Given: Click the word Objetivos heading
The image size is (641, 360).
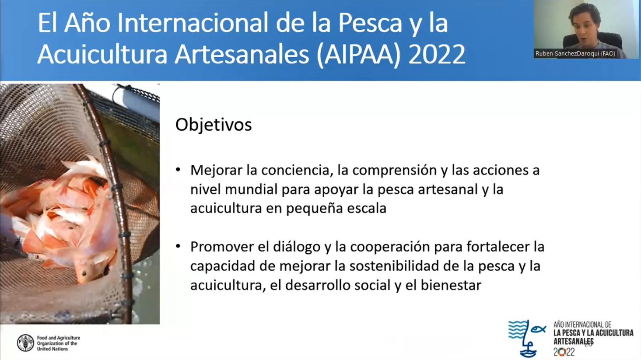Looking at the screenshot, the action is pos(214,125).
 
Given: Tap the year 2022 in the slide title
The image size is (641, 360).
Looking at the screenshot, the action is pos(437,54).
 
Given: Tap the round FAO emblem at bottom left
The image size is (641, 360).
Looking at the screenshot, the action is pos(25,343).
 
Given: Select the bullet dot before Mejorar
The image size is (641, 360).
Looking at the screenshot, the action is pos(178,170).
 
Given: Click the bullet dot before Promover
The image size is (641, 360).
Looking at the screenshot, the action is pos(178,247).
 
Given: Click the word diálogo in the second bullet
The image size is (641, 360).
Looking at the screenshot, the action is pos(296,247).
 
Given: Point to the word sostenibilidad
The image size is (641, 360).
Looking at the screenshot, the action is pos(394,266).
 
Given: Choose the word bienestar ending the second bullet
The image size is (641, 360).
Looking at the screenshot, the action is pos(451,285).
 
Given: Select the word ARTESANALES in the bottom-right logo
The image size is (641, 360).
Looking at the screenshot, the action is pos(574,341).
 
